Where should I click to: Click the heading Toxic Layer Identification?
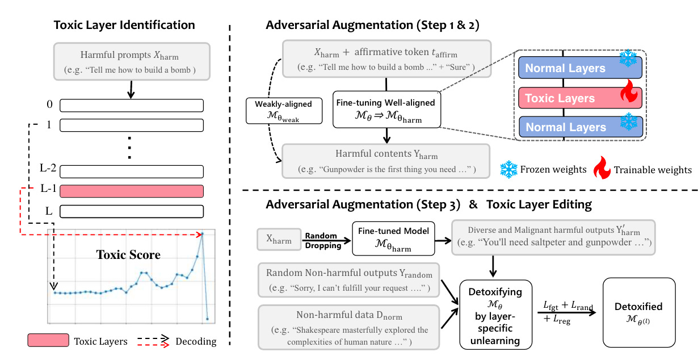[x=124, y=25]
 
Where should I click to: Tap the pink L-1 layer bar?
[x=131, y=191]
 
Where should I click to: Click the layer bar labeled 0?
[x=131, y=105]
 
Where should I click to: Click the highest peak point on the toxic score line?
[x=201, y=234]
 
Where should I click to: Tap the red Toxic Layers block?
[x=579, y=98]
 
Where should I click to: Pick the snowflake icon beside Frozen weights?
[x=510, y=169]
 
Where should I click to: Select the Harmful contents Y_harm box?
[x=386, y=162]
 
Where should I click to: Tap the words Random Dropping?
[x=323, y=241]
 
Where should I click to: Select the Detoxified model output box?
[x=638, y=312]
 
